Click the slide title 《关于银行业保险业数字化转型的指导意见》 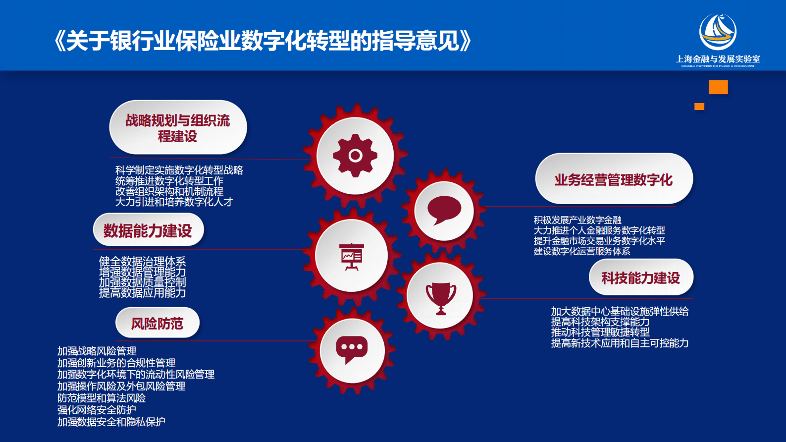point(262,41)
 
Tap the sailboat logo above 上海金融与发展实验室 point(718,32)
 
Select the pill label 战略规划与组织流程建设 point(178,128)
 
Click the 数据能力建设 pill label point(148,230)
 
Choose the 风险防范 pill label point(157,324)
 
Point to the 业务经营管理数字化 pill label point(613,179)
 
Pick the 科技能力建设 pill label point(640,277)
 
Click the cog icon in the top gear point(355,156)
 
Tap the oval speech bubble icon point(444,210)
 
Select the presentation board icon point(352,256)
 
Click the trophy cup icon point(441,297)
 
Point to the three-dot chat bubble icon point(352,349)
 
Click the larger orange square point(718,87)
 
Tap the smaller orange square point(699,107)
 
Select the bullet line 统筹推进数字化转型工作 point(169,181)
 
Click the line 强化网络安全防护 point(97,410)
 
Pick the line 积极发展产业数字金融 point(577,220)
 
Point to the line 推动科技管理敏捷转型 point(600,332)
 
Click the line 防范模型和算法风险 point(102,398)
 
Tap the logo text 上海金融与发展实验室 point(718,59)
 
